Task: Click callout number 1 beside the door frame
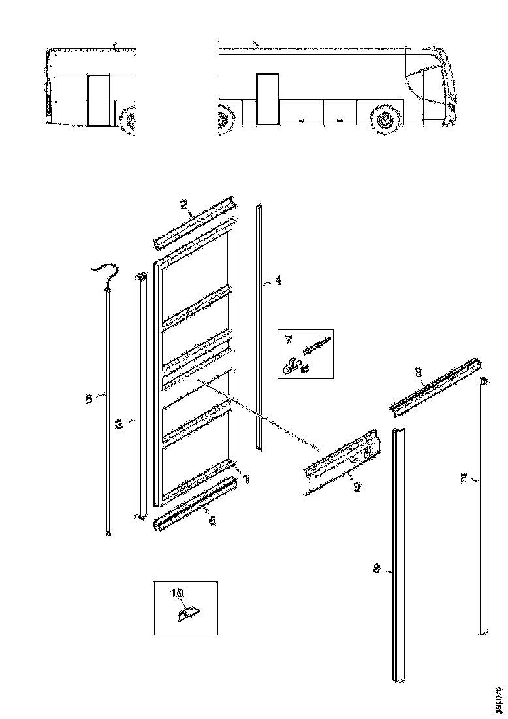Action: [x=246, y=478]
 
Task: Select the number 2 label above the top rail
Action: [x=185, y=205]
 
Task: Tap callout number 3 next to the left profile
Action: [x=119, y=424]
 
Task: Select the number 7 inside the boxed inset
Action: [x=287, y=341]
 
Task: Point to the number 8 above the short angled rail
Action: [x=418, y=373]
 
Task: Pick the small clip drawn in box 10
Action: [x=189, y=613]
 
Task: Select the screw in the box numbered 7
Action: [x=318, y=344]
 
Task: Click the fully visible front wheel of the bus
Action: [x=384, y=121]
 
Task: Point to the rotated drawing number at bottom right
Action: [x=499, y=699]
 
